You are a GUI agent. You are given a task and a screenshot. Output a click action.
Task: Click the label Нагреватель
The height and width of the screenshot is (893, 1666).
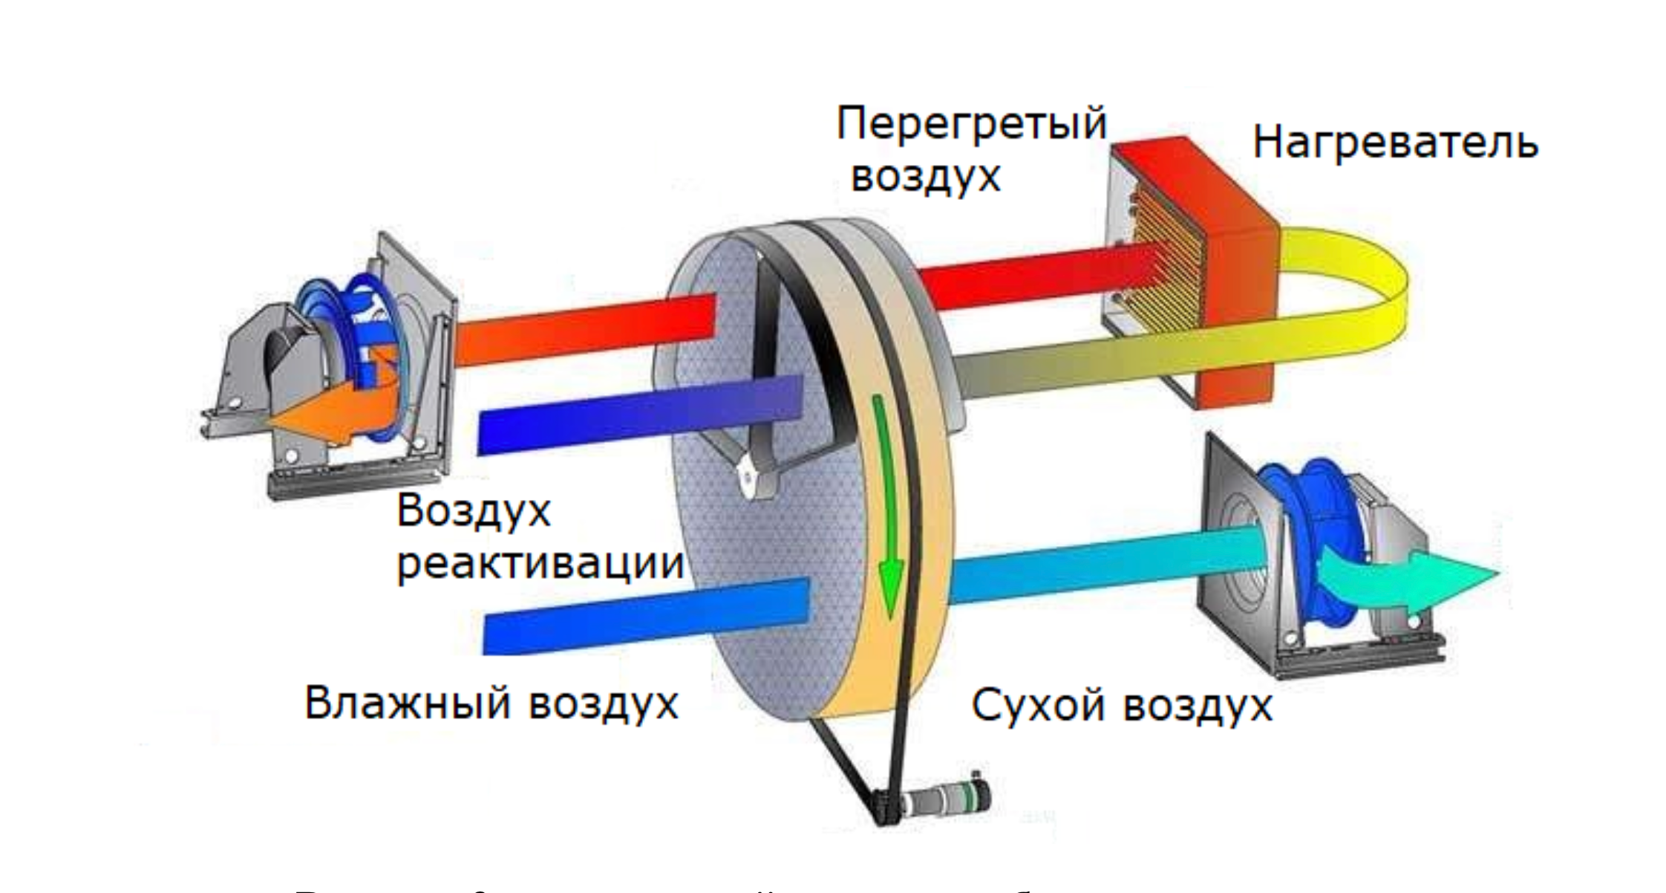(x=1394, y=142)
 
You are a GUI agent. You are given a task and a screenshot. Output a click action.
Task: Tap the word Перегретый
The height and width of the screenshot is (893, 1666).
(x=971, y=124)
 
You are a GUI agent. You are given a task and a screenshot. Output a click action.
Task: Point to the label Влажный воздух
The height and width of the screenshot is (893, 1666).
(x=491, y=702)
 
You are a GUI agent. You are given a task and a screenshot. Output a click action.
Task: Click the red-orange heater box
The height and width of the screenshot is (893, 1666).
(x=1232, y=297)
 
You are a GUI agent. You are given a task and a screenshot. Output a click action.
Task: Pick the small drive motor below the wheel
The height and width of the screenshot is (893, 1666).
(x=943, y=802)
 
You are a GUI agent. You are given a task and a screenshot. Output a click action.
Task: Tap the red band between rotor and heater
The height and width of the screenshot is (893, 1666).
(x=1032, y=279)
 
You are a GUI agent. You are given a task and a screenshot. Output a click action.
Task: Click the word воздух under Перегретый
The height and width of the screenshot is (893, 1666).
(x=925, y=177)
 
